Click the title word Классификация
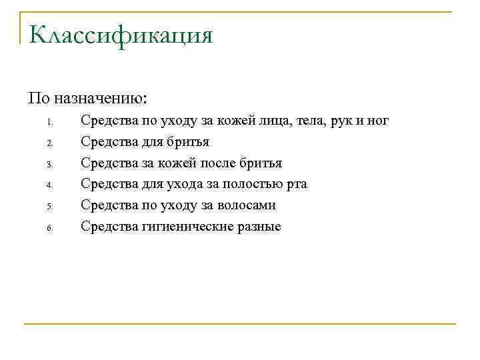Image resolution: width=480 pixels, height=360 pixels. tap(121, 35)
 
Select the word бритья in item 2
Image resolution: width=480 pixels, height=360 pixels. tap(189, 142)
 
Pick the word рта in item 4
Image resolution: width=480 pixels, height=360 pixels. tap(296, 185)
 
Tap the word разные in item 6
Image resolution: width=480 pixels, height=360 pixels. tap(255, 227)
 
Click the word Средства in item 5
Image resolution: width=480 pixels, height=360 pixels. tap(107, 206)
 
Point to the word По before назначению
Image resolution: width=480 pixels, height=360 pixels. tap(39, 98)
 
